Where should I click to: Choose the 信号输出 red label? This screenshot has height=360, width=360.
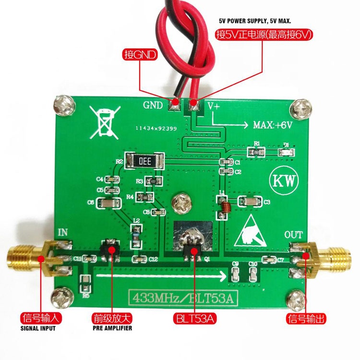[x=303, y=318]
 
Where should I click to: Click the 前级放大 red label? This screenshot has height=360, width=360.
[x=111, y=318]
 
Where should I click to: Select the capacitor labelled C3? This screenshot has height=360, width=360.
[x=249, y=202]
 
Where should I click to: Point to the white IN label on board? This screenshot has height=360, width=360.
[x=63, y=233]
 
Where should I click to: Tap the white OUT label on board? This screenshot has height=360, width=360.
[x=293, y=235]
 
